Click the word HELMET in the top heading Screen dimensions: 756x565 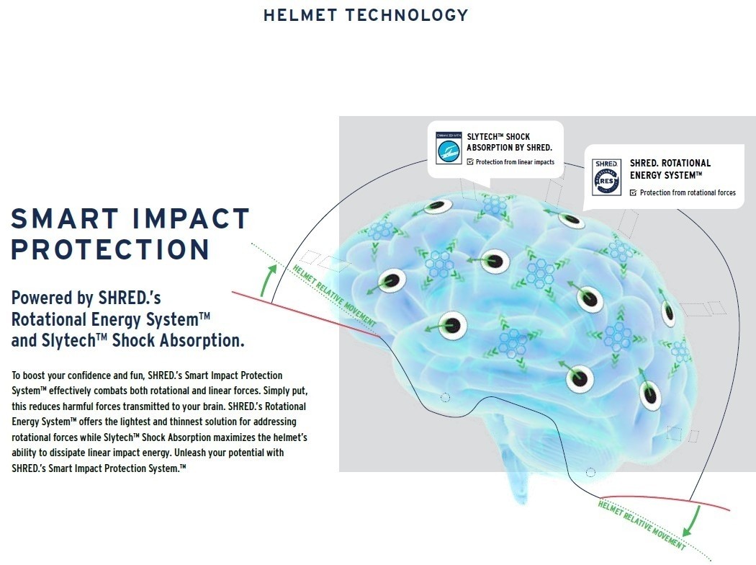[x=300, y=15]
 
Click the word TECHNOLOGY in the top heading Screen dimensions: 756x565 [x=407, y=15]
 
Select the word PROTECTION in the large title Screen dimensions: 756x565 [x=110, y=249]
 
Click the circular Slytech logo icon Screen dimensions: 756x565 [x=449, y=151]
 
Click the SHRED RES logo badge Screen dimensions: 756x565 [x=606, y=177]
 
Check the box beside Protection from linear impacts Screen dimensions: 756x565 [x=470, y=162]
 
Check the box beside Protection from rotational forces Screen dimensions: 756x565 [x=633, y=192]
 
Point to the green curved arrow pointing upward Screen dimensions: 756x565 [x=266, y=280]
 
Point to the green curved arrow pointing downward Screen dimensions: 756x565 [x=693, y=521]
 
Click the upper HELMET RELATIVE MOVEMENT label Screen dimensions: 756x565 [x=334, y=295]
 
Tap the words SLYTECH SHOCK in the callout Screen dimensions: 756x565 [x=498, y=137]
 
